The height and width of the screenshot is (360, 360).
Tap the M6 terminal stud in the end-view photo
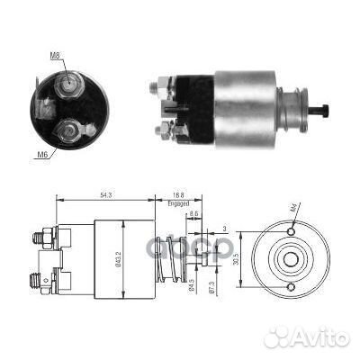click(x=67, y=135)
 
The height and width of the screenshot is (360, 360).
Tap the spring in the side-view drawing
click(x=168, y=256)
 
